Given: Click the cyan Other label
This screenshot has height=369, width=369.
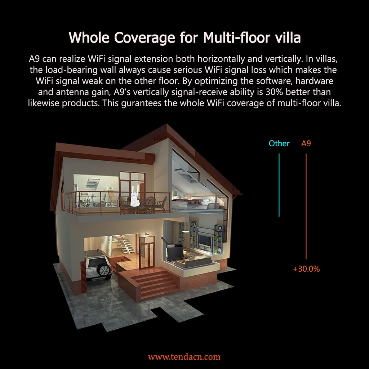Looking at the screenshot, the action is (279, 143).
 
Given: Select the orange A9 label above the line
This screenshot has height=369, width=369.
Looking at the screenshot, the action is (306, 143).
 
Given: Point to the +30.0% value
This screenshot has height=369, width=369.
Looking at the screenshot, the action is (306, 269).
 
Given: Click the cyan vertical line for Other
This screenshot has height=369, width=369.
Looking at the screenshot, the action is (279, 185).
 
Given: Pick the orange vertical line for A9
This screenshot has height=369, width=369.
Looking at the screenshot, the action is (306, 206).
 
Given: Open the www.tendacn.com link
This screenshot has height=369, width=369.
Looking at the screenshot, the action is (184, 357).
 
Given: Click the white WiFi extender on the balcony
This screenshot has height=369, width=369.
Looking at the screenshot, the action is (134, 196).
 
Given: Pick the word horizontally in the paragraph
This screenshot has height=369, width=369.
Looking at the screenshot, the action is (222, 59).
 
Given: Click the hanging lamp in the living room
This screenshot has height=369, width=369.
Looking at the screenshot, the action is (186, 230).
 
